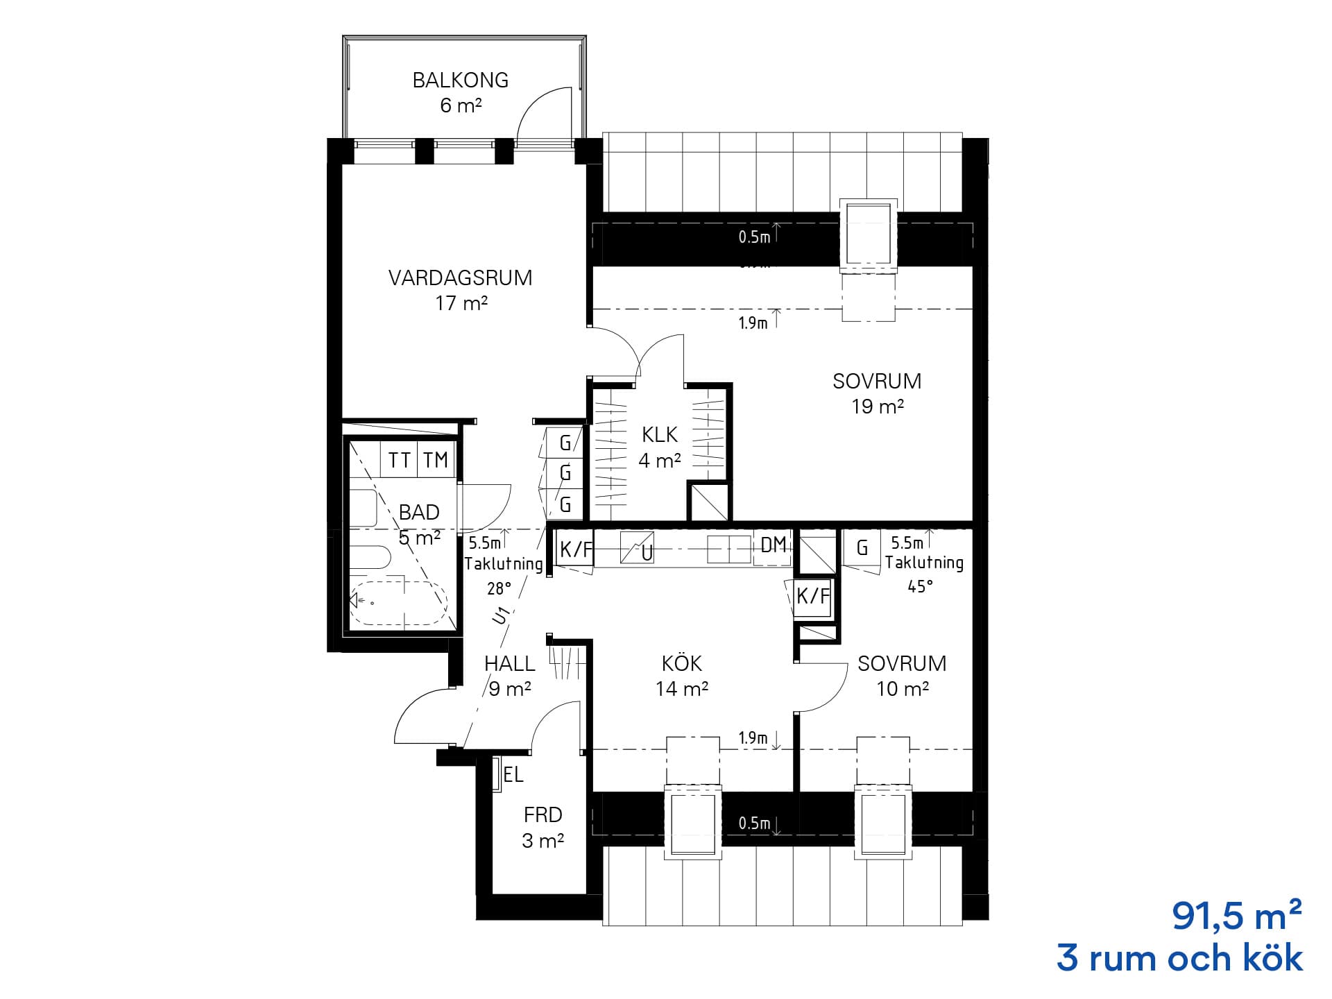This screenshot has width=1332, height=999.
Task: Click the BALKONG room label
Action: point(460,80)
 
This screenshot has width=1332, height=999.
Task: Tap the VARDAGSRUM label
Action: point(460,278)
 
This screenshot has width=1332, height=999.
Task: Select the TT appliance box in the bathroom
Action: point(399,460)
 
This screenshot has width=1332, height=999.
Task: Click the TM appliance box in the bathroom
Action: point(436,460)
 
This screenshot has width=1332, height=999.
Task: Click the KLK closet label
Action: point(659,435)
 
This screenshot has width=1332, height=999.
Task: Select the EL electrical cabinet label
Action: point(513,775)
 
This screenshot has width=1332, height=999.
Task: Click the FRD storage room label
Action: point(543,814)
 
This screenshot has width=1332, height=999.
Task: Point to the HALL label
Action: point(509,664)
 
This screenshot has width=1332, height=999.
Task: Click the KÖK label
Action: point(681,663)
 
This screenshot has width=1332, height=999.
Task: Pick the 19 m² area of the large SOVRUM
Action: point(878,407)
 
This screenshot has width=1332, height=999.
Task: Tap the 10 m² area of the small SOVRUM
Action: point(902,689)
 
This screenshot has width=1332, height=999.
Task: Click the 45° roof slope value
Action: point(921,586)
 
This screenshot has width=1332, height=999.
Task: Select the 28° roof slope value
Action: point(499,588)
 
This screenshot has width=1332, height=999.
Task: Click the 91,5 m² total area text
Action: point(1237,917)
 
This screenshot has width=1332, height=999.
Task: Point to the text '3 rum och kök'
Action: point(1179,959)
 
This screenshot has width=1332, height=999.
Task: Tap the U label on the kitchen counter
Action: point(647,554)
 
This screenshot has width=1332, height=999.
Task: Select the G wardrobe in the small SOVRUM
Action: point(862,549)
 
